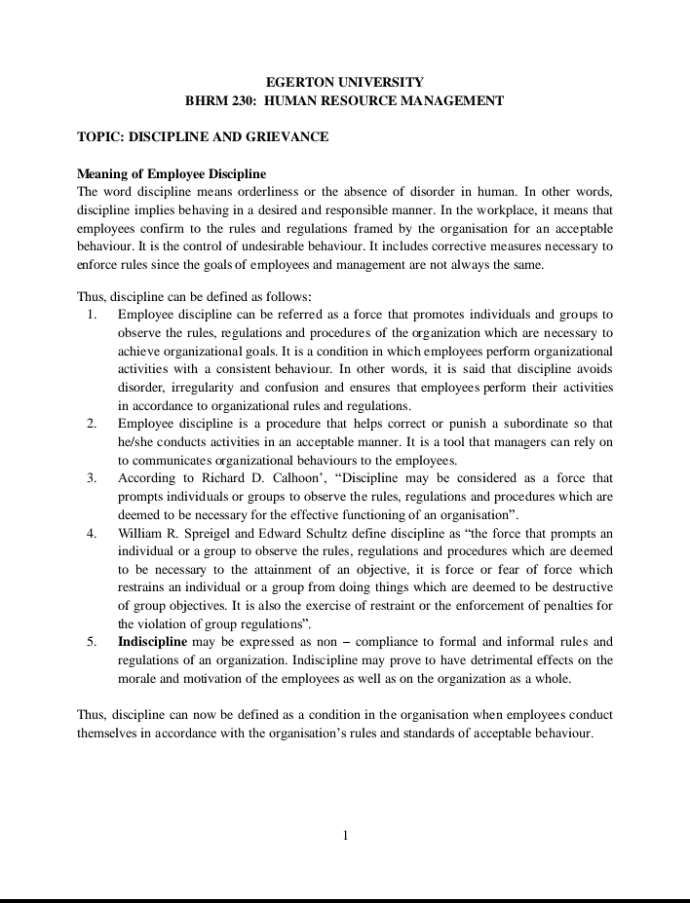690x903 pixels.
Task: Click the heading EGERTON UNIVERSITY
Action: [345, 83]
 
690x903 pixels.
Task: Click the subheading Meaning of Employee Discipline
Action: [172, 173]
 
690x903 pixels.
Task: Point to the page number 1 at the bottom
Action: [345, 835]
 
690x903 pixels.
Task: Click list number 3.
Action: [91, 478]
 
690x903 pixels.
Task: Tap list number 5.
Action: [91, 641]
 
